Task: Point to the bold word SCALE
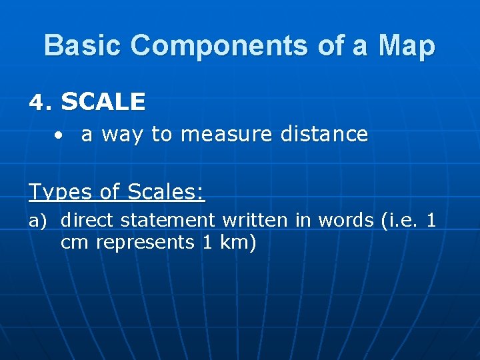click(103, 101)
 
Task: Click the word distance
click(324, 134)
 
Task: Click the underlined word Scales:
click(165, 192)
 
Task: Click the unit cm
click(75, 243)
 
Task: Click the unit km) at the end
click(238, 243)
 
